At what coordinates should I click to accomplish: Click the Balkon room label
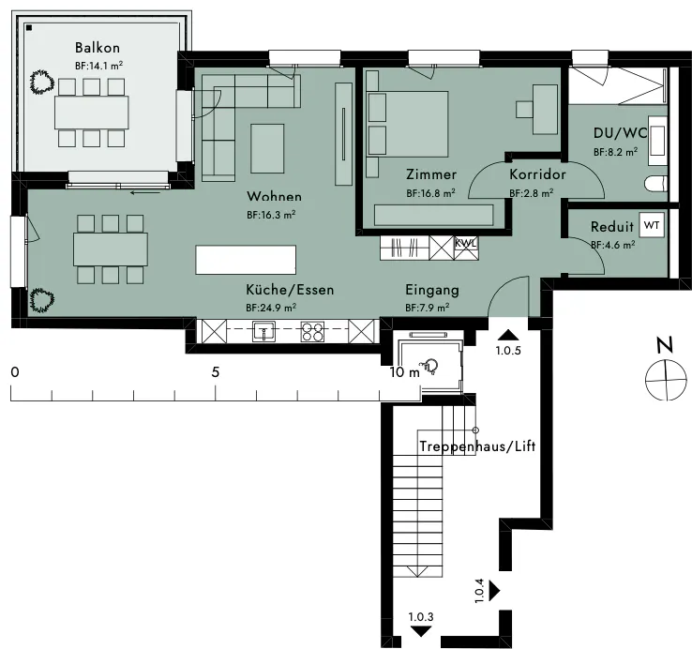(98, 47)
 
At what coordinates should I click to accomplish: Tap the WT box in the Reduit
(652, 225)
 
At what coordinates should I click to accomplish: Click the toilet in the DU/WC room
(655, 184)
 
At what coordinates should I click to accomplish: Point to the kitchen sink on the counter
(263, 331)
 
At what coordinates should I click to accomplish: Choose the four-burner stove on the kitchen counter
(312, 331)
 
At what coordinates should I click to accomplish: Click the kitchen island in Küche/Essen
(246, 260)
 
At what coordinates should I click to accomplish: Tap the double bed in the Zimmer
(407, 124)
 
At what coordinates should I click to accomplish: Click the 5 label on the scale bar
(216, 372)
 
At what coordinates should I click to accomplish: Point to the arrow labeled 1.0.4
(494, 590)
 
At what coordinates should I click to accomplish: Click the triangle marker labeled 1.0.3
(421, 631)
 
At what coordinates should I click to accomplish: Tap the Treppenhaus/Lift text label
(477, 446)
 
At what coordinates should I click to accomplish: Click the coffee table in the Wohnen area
(267, 148)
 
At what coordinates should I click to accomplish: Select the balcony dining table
(92, 113)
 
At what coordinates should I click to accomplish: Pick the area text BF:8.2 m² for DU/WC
(615, 152)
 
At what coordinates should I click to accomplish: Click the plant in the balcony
(42, 82)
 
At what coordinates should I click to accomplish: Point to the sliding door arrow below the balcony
(145, 192)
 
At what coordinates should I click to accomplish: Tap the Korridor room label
(537, 174)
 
